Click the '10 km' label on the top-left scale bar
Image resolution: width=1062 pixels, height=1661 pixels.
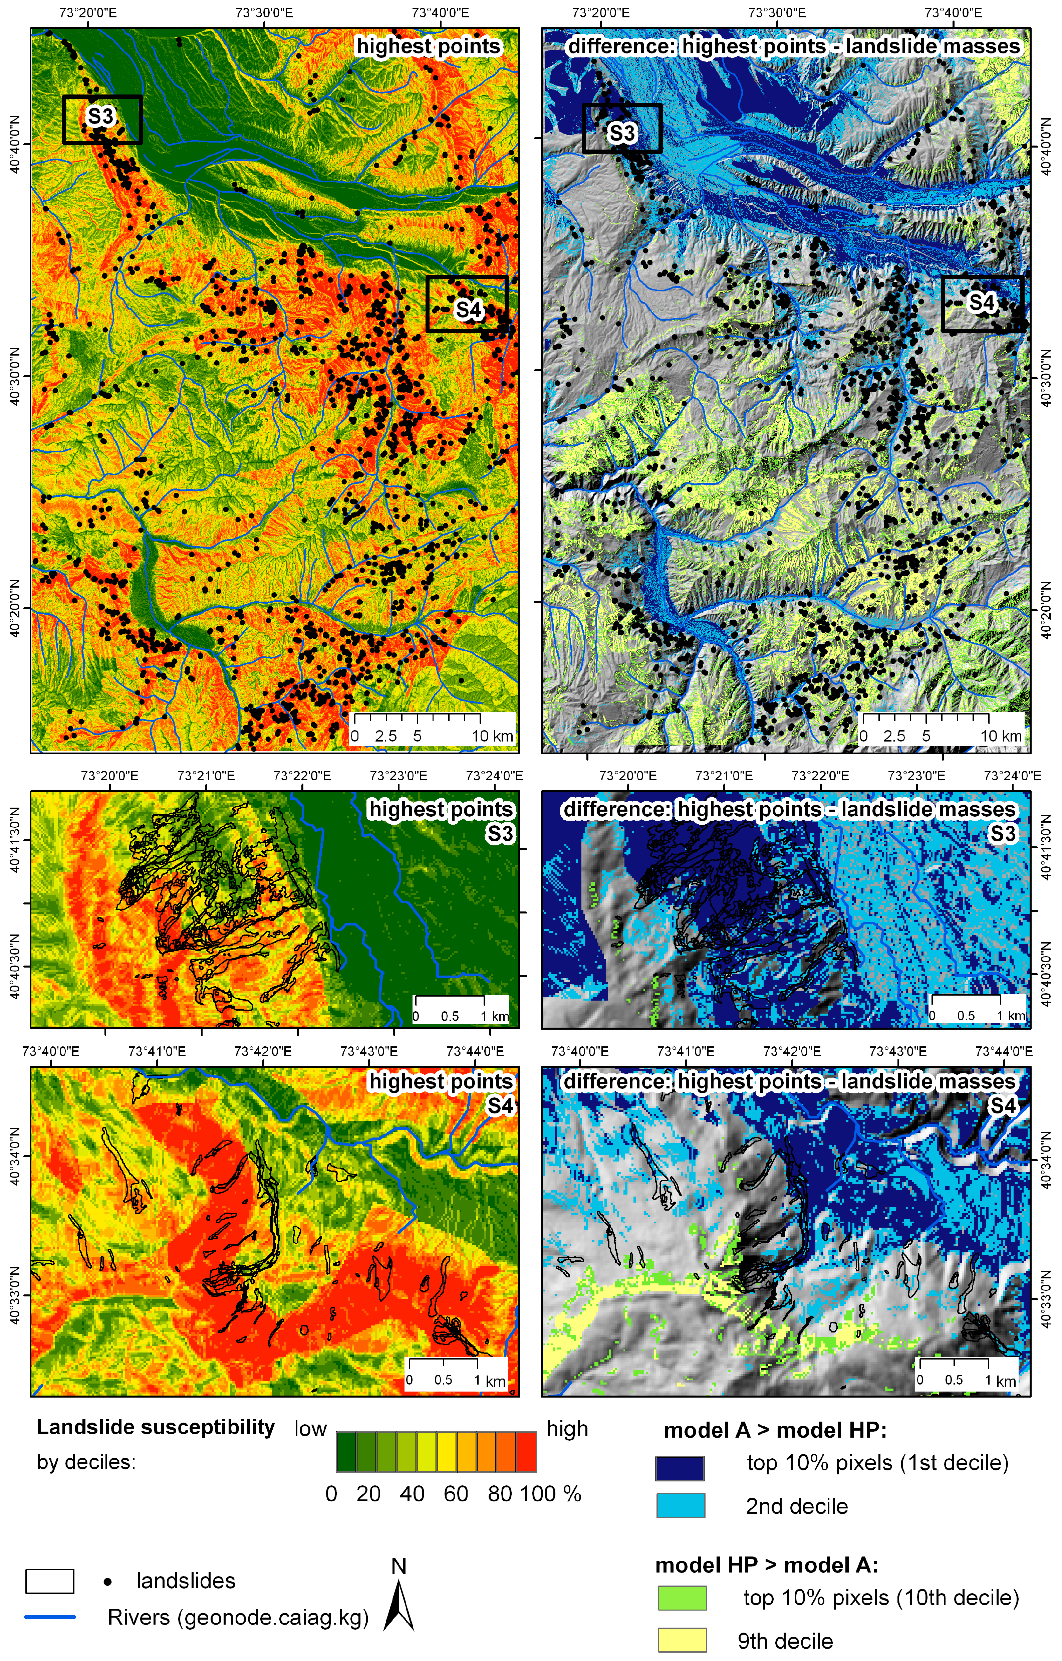[x=492, y=736]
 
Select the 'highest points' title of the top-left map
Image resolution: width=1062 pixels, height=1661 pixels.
[x=428, y=46]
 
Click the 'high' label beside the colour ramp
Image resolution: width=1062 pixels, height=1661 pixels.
[x=567, y=1429]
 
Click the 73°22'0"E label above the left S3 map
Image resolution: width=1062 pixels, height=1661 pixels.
[x=302, y=776]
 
